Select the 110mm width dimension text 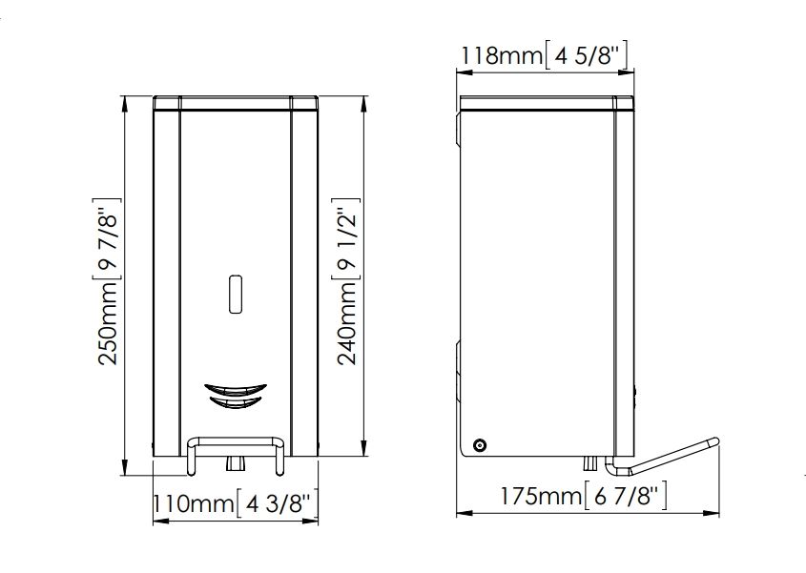click(194, 503)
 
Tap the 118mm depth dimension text click(501, 55)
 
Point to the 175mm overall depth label click(542, 496)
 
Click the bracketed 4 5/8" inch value click(586, 55)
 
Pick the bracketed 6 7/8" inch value click(626, 496)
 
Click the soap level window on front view click(235, 294)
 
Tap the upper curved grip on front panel click(236, 389)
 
